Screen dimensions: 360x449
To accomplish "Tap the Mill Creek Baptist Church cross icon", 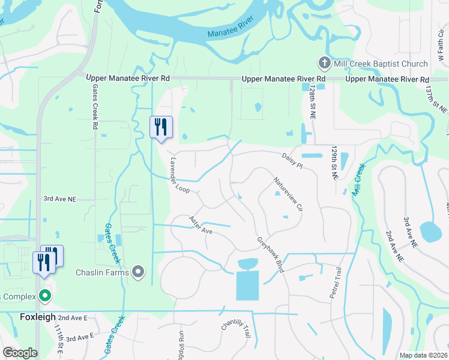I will coord(324,64).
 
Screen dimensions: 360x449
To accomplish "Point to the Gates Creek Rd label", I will coord(95,107).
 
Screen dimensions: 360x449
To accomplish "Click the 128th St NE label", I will coord(313,100).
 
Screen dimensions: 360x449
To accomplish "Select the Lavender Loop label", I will coord(179,175).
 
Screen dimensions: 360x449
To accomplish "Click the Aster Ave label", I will coord(201,226).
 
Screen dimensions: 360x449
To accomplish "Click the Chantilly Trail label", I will coord(235,332).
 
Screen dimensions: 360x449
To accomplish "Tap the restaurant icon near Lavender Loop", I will coord(161,127).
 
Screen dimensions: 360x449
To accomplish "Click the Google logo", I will coord(20,353).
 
